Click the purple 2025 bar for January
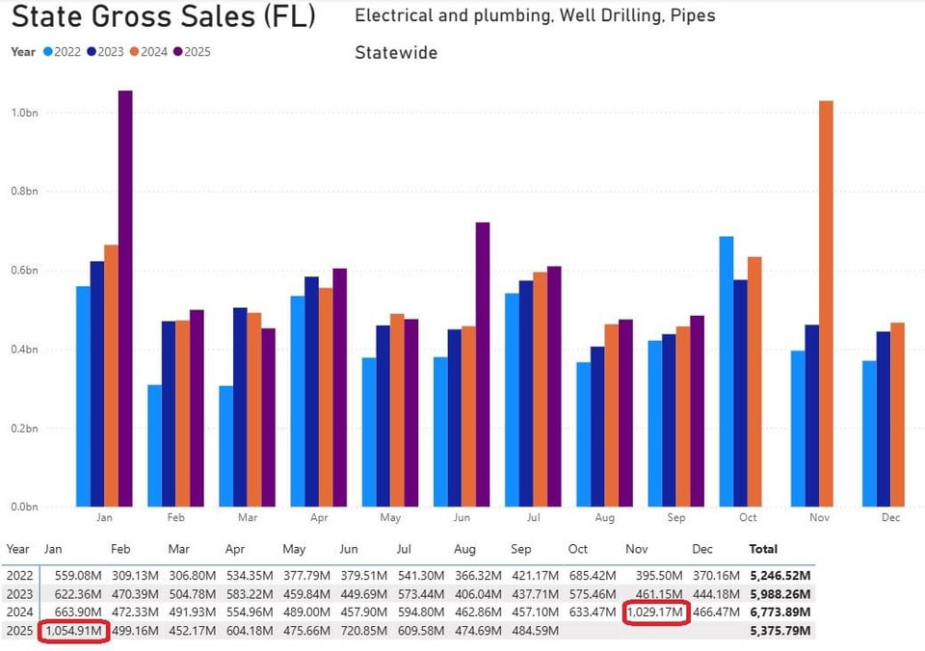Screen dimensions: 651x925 (x=125, y=299)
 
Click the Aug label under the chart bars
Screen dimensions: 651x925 (x=604, y=518)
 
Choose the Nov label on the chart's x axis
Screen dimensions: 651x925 (x=819, y=518)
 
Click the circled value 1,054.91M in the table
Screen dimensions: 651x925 (x=73, y=631)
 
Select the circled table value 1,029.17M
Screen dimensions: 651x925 (x=655, y=612)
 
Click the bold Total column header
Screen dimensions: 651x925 (x=763, y=549)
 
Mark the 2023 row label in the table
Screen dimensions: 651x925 (x=19, y=594)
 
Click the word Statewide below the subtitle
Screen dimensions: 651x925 (x=396, y=52)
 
